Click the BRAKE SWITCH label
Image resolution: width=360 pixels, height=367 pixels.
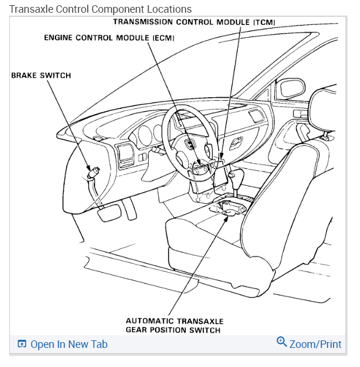(x=41, y=75)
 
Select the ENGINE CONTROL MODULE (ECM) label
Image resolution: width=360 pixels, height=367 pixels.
(x=109, y=38)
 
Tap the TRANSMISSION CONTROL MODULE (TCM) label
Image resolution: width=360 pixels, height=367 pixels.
(x=194, y=22)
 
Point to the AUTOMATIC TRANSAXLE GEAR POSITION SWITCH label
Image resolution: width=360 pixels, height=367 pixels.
(x=174, y=325)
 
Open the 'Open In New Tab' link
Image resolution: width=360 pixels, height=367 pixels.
(x=69, y=344)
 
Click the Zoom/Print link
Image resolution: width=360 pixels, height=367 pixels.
(x=315, y=344)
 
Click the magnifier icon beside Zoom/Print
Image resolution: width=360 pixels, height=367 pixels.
(x=282, y=342)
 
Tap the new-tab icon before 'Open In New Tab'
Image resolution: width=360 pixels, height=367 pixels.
(x=22, y=344)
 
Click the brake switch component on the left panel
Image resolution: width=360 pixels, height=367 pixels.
(x=93, y=171)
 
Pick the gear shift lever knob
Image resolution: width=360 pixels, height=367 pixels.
(x=232, y=174)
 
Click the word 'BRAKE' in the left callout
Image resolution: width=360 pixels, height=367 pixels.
(x=24, y=75)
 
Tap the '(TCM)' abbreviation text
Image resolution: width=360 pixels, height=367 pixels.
(x=264, y=22)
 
